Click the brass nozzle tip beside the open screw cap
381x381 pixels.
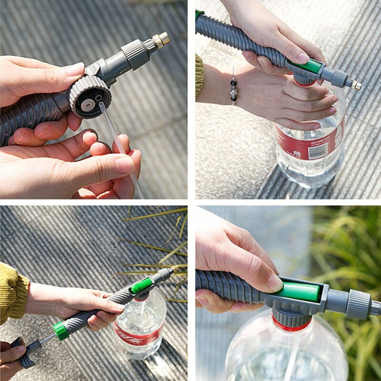click(x=162, y=39)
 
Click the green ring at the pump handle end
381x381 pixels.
click(x=61, y=331)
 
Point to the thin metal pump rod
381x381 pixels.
click(x=47, y=338)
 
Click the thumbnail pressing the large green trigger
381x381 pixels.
click(x=275, y=283)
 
